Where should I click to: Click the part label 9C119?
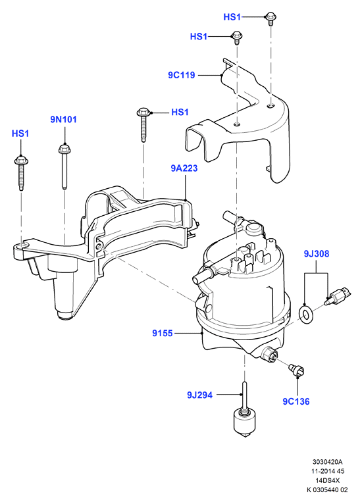click(181, 75)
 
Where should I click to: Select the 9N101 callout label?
click(63, 120)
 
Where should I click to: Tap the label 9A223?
click(184, 168)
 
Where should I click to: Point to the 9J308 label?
click(317, 254)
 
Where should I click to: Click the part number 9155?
click(163, 334)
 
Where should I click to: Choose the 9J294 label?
click(199, 395)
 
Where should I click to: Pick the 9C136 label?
click(296, 401)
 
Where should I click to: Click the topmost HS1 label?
click(232, 16)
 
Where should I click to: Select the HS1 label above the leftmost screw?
click(20, 134)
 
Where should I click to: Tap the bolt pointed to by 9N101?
click(64, 166)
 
